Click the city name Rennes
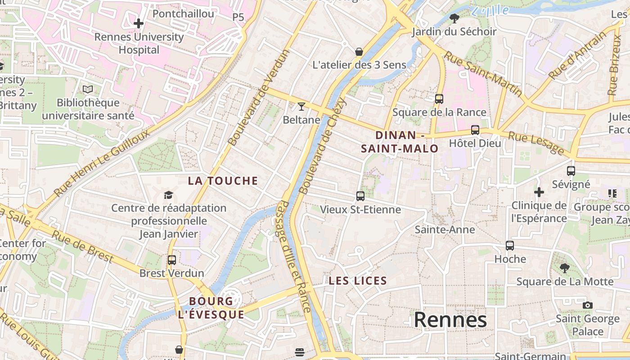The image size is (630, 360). click(450, 320)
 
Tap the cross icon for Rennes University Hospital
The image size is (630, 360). click(139, 23)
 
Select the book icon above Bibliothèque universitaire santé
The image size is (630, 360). click(88, 90)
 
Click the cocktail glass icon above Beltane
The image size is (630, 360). click(301, 107)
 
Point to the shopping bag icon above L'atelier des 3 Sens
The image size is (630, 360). click(359, 52)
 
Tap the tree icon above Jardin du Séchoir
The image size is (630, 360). click(454, 18)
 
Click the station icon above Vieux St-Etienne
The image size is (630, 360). click(360, 196)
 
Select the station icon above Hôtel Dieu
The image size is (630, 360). click(475, 130)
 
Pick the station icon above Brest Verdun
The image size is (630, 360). click(171, 260)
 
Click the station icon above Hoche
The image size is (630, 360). click(509, 245)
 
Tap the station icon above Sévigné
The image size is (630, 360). click(571, 171)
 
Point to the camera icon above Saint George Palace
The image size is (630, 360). click(587, 305)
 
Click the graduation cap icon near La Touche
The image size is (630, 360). click(168, 195)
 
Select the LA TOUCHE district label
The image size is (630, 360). click(223, 181)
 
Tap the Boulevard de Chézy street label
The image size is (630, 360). click(323, 146)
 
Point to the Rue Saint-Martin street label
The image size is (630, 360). click(483, 74)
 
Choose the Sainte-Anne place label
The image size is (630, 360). click(444, 229)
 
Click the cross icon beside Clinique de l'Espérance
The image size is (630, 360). click(539, 192)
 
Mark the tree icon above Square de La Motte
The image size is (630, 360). click(564, 268)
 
